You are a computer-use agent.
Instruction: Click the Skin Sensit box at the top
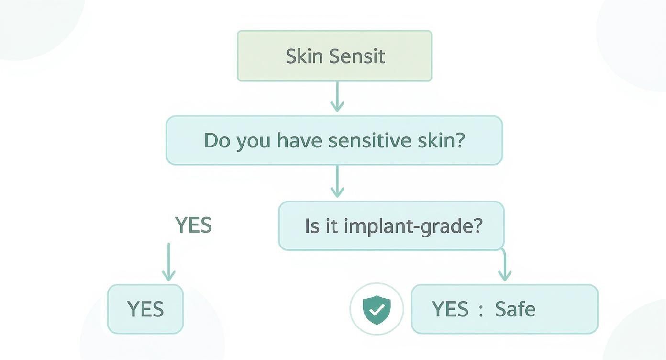point(334,56)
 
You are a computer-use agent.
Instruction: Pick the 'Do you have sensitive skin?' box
point(334,140)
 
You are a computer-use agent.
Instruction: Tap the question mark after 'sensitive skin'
point(460,140)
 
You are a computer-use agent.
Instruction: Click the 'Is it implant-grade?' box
point(391,226)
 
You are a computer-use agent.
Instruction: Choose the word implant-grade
point(412,226)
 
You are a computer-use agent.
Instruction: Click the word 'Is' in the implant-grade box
point(311,226)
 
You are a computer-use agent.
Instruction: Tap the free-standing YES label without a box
point(193,225)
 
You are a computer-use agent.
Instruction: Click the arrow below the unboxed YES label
point(168,262)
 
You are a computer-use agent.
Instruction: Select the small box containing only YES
point(145,309)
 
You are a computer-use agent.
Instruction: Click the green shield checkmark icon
point(377,309)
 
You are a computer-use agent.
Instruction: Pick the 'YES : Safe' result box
point(504,309)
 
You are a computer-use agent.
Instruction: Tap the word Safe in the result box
point(515,309)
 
